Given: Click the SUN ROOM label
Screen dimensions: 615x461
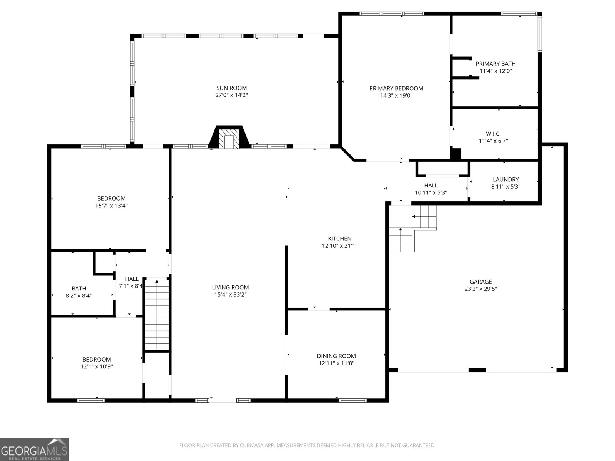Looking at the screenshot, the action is tap(231, 88).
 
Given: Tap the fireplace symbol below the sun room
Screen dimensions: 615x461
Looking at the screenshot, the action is tap(229, 137).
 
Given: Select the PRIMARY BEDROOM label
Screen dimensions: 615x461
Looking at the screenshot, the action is tap(396, 88).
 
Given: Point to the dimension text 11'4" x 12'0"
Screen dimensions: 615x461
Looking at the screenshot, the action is tap(495, 71).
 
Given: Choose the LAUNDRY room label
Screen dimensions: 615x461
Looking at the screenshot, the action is tap(506, 179).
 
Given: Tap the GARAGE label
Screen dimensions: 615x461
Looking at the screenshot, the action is tap(481, 282).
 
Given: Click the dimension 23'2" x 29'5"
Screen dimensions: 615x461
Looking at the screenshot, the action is tap(481, 289).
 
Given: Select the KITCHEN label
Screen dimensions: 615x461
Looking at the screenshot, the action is tap(339, 239).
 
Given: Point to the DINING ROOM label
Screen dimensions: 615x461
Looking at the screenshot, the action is tap(336, 356).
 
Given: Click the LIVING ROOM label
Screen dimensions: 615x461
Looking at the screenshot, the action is tap(230, 287).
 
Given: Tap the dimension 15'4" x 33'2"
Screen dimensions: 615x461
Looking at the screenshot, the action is tap(230, 294).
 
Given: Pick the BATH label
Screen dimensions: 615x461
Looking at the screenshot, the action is tap(79, 288).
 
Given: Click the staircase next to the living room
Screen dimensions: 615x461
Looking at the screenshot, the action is tap(157, 313).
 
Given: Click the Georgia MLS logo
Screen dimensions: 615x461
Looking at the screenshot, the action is tap(35, 449).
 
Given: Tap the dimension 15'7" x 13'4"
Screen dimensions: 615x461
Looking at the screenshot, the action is tap(111, 206).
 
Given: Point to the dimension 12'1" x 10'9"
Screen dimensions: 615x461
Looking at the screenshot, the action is tap(96, 366).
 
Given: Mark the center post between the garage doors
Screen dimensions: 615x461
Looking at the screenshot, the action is tap(477, 370).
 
